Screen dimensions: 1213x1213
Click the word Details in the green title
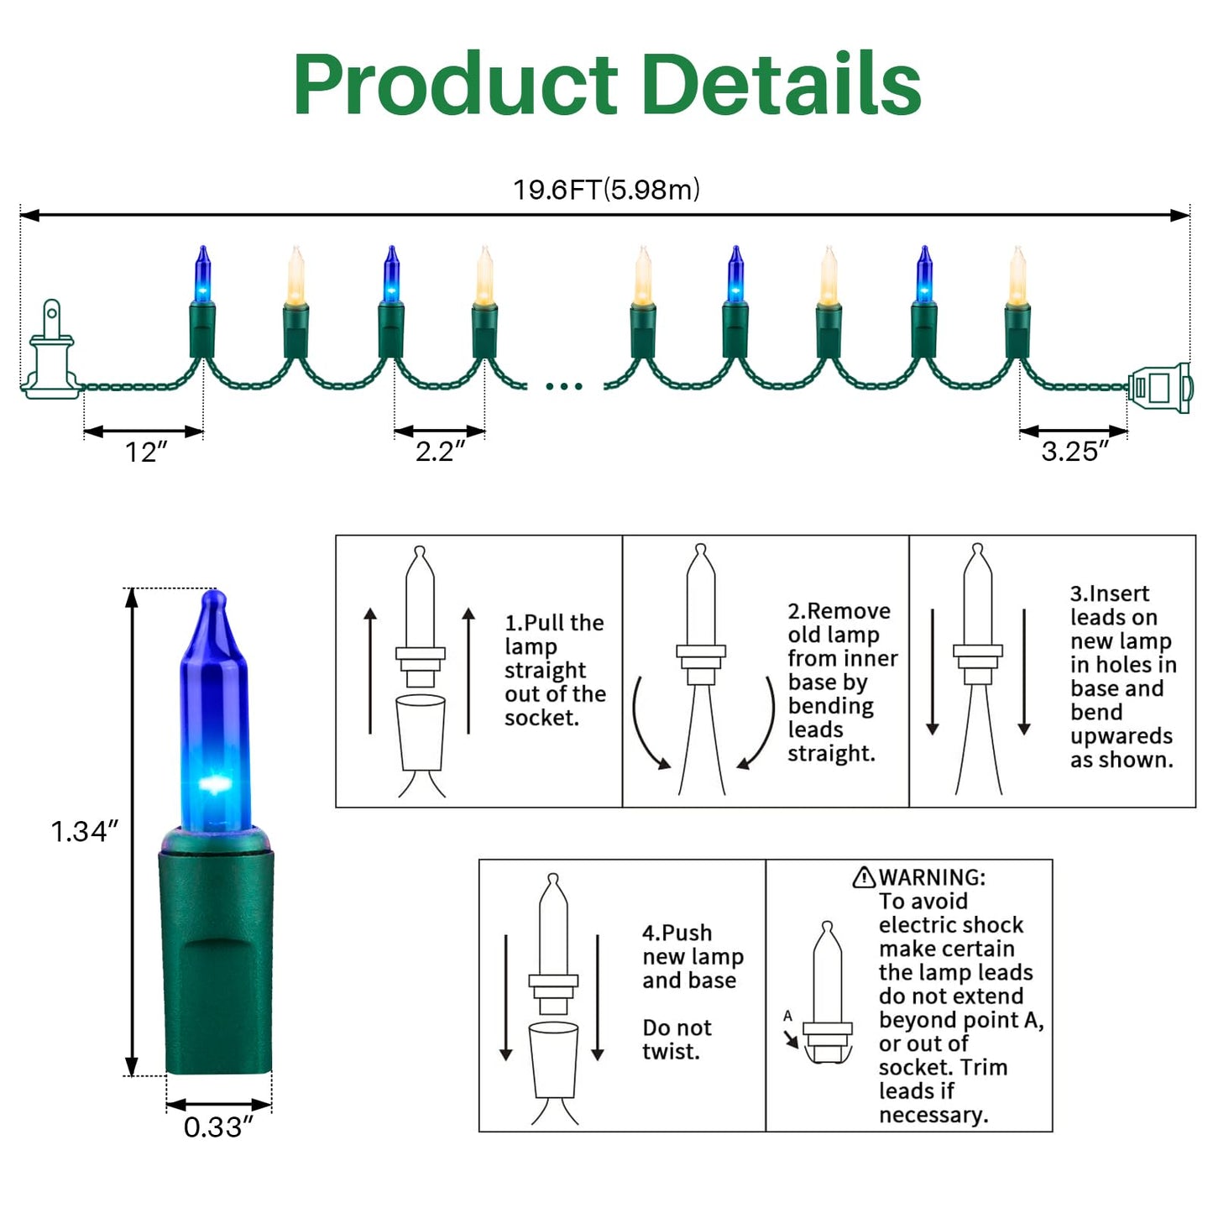[782, 84]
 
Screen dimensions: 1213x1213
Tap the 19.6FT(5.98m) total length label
[606, 190]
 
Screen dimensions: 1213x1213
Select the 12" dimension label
[146, 452]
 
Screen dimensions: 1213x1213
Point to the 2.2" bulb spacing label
[440, 452]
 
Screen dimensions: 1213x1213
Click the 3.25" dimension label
[1074, 452]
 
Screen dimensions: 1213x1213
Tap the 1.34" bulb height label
[84, 832]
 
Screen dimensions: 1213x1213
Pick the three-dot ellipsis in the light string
[564, 386]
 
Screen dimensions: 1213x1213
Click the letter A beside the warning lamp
[787, 1016]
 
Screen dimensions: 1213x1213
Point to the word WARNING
[932, 877]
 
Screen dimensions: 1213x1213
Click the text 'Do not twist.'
[677, 1039]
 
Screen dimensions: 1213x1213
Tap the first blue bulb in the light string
[202, 274]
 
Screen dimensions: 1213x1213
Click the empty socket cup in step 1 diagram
[421, 733]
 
